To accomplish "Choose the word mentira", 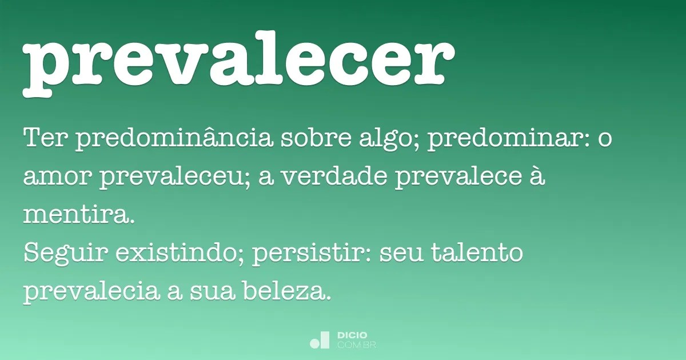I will [78, 215].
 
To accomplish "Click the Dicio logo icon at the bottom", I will [320, 340].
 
